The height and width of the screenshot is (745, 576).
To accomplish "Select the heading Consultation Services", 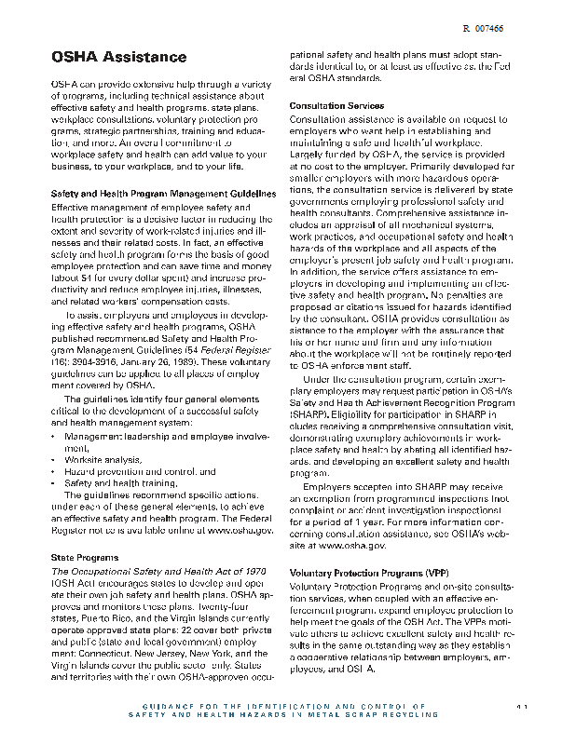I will point(336,106).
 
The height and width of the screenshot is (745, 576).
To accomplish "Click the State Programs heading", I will point(84,557).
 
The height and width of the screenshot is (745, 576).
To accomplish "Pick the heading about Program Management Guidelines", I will point(162,193).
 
